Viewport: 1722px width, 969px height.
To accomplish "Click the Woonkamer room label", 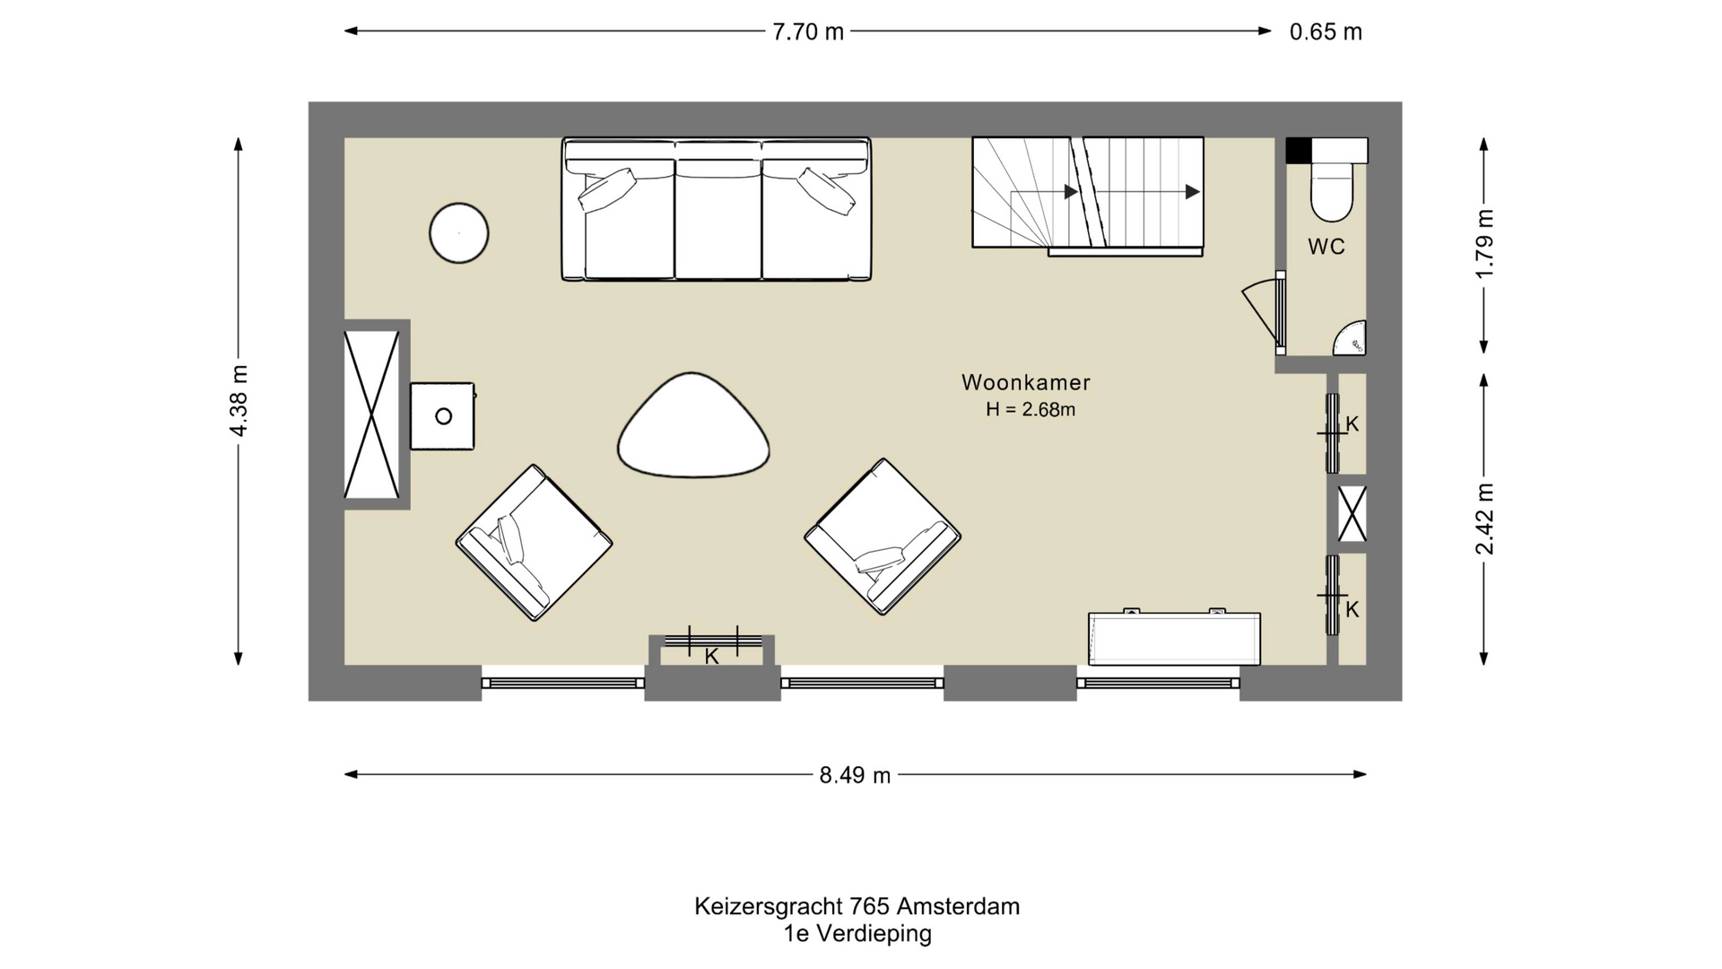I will [1025, 382].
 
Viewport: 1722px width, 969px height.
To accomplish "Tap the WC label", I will [1326, 247].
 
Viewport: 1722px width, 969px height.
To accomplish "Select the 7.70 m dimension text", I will [807, 31].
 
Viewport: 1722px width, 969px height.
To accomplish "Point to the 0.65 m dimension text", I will [1325, 31].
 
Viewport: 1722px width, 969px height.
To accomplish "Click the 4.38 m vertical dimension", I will [239, 400].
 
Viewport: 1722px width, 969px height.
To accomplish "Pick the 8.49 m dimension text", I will [854, 775].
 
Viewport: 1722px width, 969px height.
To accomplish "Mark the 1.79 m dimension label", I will [1484, 244].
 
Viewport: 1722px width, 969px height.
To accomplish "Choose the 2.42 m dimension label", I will [1484, 519].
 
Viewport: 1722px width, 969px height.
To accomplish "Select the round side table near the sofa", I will [458, 233].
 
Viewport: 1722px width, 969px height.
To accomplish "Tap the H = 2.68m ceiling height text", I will [1030, 410].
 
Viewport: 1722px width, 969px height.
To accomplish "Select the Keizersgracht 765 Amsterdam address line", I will [857, 906].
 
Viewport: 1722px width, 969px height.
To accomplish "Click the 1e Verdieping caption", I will [857, 934].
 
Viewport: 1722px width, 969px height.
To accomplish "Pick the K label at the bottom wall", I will [711, 657].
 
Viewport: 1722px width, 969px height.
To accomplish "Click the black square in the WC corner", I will [1298, 151].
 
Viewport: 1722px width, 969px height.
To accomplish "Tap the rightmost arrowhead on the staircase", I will [1192, 192].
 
